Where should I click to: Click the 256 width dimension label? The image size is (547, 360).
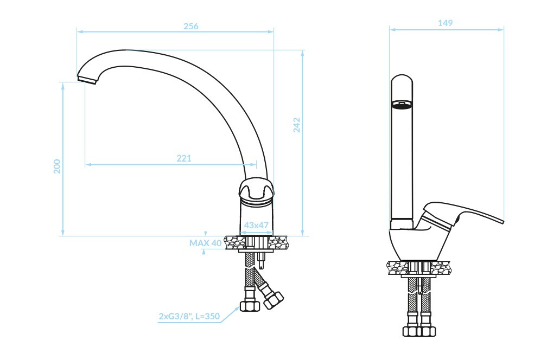(191, 25)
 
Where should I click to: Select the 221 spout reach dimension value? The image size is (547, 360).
(184, 158)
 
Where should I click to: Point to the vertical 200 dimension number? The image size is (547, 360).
(57, 166)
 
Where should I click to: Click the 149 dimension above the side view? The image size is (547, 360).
(445, 23)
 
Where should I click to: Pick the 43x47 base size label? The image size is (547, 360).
(256, 225)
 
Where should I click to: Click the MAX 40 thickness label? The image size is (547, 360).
(205, 243)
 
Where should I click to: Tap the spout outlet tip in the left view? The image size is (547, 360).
(87, 80)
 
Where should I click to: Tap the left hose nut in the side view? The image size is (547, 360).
(410, 330)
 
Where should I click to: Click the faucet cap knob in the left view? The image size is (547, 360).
(256, 190)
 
